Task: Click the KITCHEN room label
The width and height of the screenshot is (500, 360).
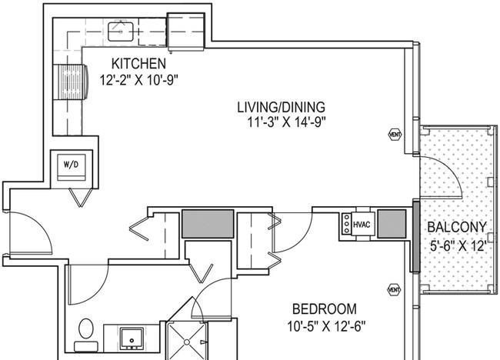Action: point(138,63)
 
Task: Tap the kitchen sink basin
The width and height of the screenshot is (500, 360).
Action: point(121,32)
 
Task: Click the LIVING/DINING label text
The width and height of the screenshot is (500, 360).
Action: point(282,107)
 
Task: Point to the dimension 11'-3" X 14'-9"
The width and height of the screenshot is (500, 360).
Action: point(287,122)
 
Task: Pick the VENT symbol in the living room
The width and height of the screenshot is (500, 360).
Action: point(395,135)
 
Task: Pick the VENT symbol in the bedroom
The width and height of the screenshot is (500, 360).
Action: point(394,290)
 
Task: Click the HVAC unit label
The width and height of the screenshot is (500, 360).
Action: point(362,225)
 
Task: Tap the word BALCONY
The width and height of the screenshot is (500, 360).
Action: point(457,227)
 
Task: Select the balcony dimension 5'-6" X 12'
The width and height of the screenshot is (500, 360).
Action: point(458,245)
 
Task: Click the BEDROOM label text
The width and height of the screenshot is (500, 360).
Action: point(325,309)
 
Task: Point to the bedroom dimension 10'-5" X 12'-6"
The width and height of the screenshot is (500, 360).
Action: point(326,326)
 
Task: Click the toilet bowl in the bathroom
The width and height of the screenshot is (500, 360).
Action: point(86,328)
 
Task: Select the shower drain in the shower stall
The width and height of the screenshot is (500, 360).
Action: point(187,342)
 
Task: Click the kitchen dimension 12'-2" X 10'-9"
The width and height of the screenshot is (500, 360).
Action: point(138,80)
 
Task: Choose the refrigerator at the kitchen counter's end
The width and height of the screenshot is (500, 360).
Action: point(185,32)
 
